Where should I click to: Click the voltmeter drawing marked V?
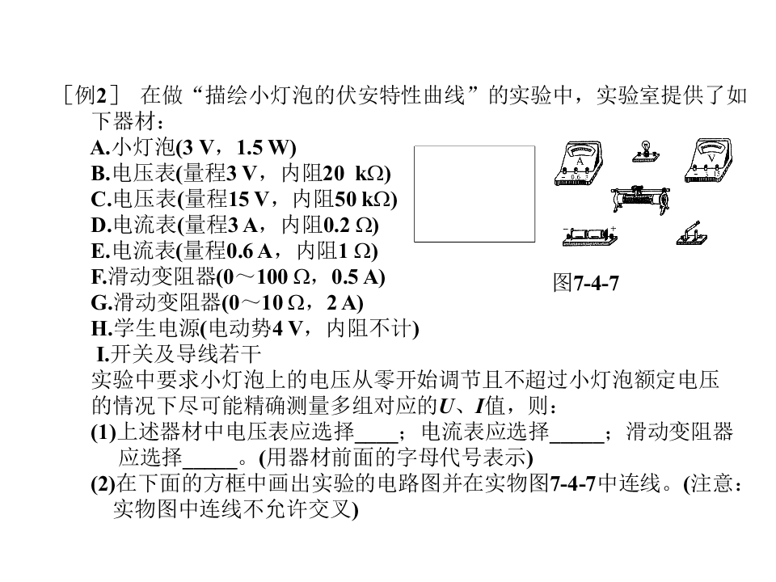[708, 161]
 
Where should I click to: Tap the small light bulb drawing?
[646, 151]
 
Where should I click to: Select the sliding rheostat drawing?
[641, 199]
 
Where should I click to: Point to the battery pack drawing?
[590, 237]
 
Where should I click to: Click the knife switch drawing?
[692, 234]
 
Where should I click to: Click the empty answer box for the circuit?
[474, 193]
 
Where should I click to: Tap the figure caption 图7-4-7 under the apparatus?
[586, 283]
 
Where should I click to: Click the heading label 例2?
[91, 95]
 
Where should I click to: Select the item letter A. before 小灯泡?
[100, 147]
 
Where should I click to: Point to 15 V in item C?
[248, 199]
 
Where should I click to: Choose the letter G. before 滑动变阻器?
[102, 303]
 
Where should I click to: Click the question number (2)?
[103, 483]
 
